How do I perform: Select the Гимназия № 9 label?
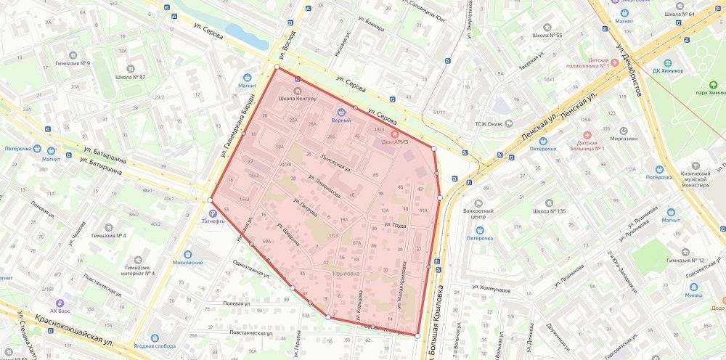[x=73, y=63]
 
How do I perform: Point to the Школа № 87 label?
[x=131, y=77]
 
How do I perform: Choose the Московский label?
[x=188, y=262]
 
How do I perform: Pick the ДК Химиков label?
[x=667, y=70]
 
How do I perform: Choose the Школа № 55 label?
[x=547, y=35]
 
